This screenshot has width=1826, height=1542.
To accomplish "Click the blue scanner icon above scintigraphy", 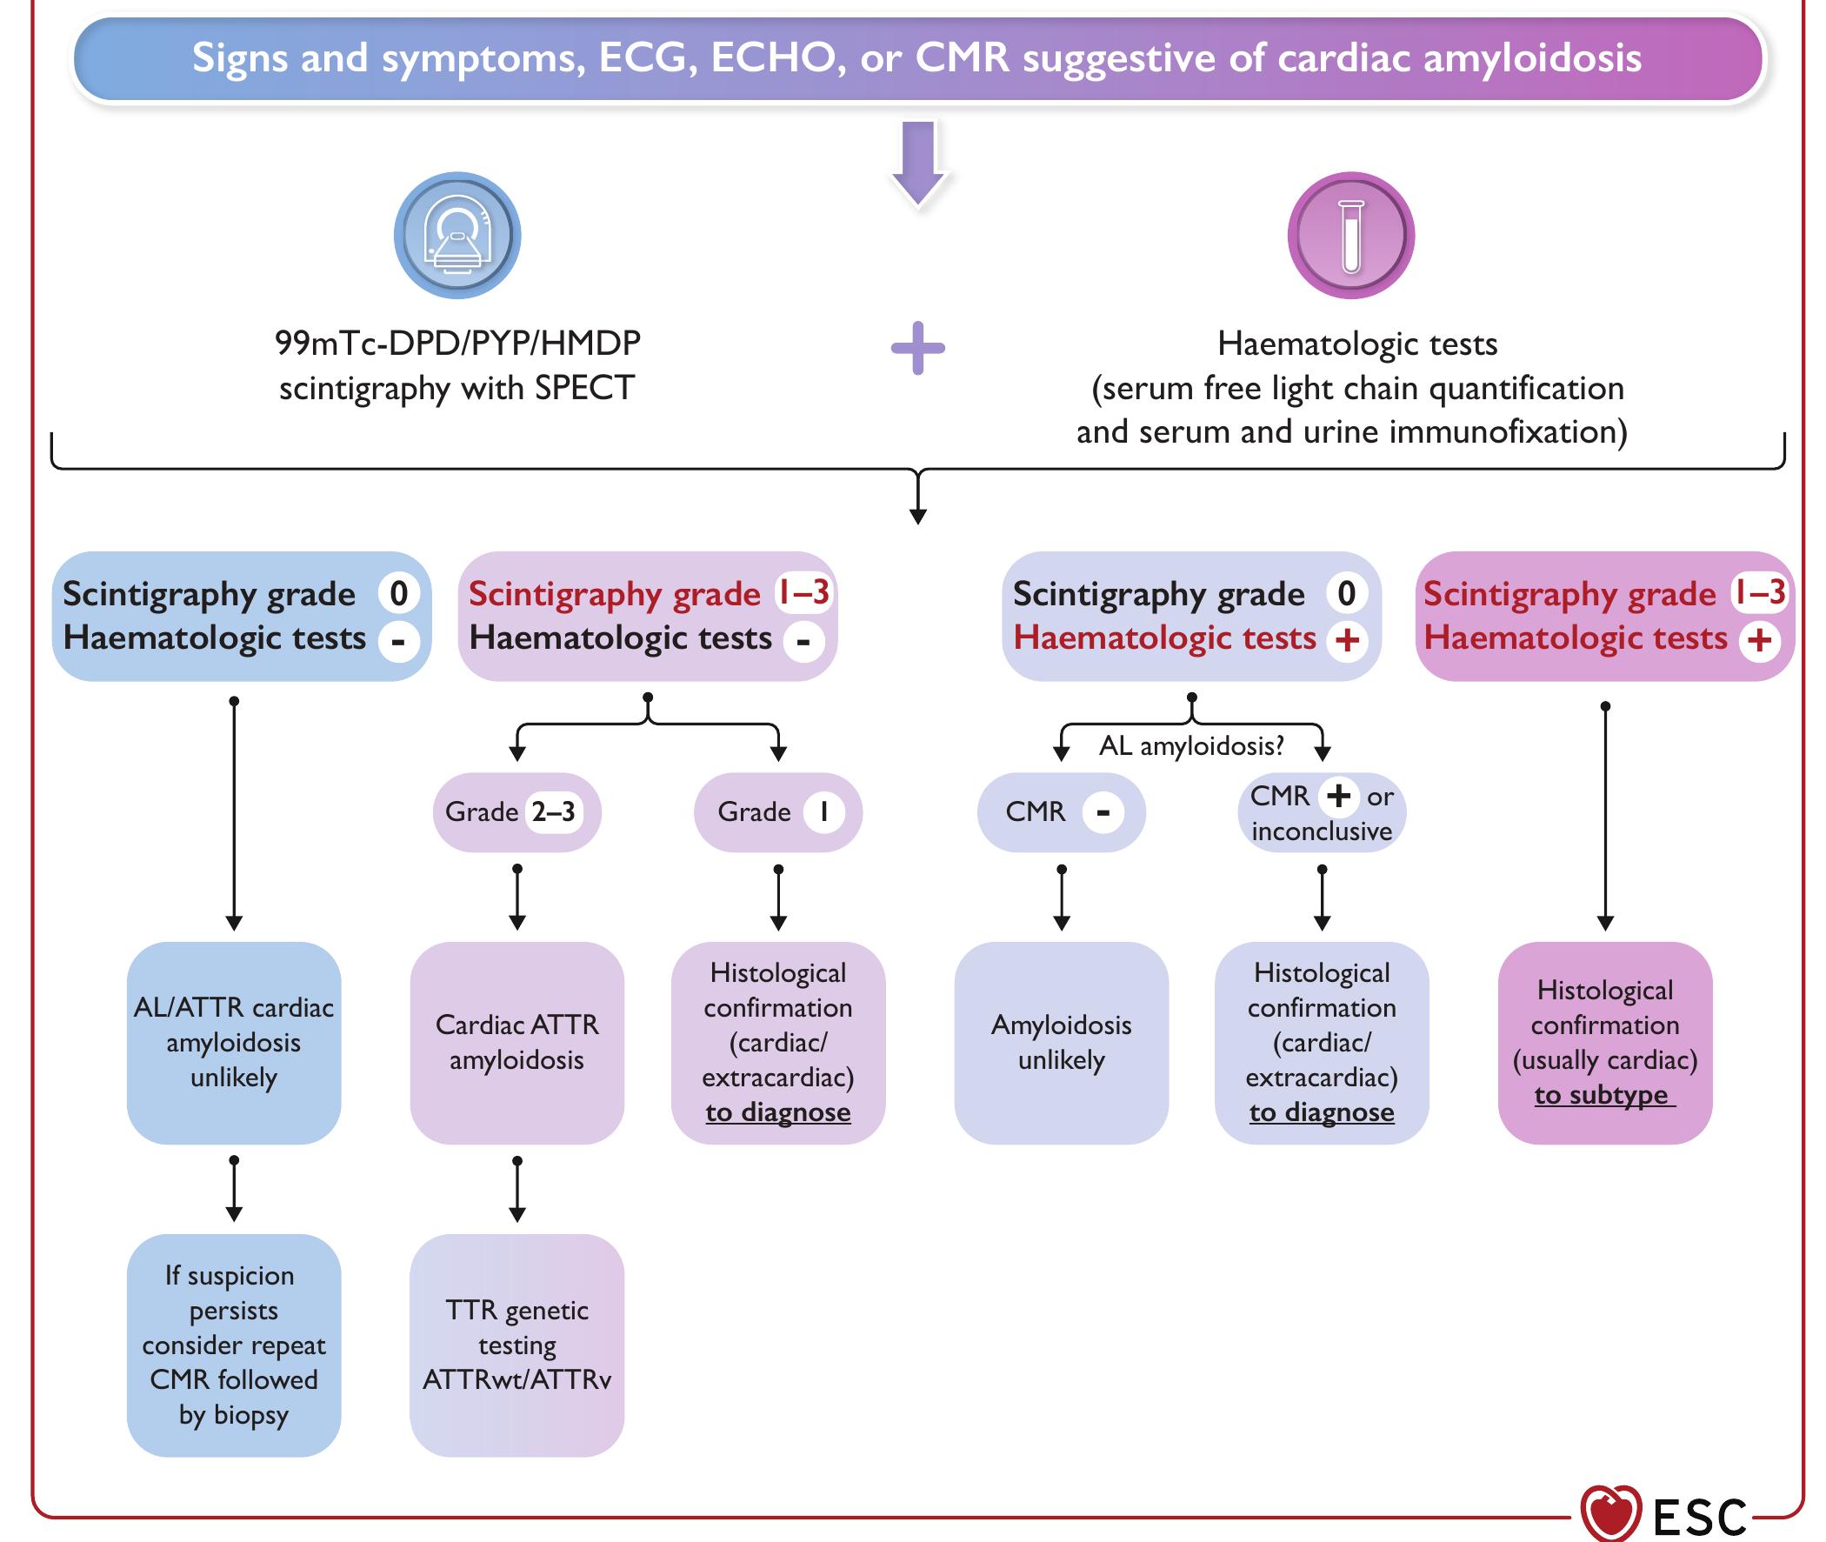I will click(x=457, y=235).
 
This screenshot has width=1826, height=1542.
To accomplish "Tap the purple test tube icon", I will click(x=1350, y=235).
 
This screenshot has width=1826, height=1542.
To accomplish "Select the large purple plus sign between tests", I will click(x=917, y=348).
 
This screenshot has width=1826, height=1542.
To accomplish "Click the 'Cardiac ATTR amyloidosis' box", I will click(x=516, y=1042).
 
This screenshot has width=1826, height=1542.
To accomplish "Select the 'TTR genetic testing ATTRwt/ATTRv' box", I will click(x=516, y=1345).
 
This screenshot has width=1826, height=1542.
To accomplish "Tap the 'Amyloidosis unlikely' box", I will click(x=1061, y=1042).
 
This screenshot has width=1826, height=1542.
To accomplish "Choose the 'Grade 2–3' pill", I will click(x=516, y=812).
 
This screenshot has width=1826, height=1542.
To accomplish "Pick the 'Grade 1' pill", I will click(x=777, y=812).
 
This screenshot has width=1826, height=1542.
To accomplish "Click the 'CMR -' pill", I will click(x=1061, y=812).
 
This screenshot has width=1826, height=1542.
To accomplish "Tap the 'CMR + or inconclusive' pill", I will click(x=1321, y=812).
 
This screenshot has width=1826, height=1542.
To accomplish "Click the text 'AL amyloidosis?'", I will click(x=1191, y=745).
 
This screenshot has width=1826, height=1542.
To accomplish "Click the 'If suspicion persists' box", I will click(x=233, y=1345).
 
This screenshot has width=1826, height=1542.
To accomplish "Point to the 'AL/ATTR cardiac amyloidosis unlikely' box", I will click(x=233, y=1042).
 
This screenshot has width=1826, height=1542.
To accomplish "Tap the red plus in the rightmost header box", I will click(x=1760, y=640).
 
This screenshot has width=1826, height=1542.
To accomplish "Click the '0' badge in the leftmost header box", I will click(x=398, y=593).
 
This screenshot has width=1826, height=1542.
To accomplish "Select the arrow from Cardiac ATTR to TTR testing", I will click(x=517, y=1189).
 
